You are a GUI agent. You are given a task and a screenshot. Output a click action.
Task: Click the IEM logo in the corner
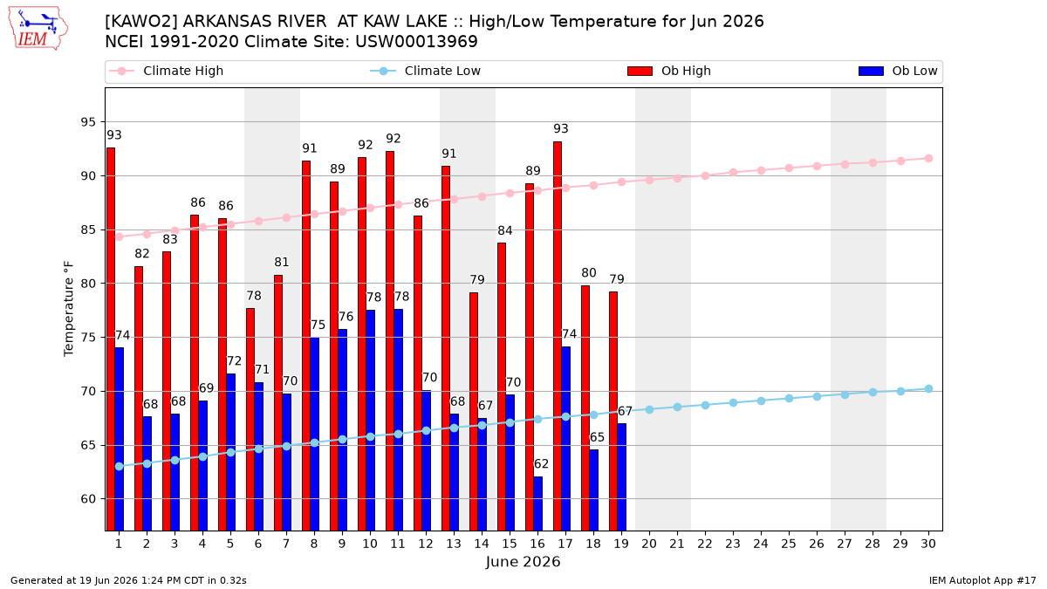38,29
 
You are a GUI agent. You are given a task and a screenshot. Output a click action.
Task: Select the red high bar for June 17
558,336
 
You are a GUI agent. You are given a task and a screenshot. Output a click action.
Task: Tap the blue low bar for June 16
538,503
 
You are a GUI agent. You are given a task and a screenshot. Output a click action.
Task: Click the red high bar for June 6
250,420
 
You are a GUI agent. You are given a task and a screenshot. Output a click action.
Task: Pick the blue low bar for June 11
398,420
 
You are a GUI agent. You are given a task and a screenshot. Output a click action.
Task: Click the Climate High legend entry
166,71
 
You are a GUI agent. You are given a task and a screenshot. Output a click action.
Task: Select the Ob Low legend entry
898,71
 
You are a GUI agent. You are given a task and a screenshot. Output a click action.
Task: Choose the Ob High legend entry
669,71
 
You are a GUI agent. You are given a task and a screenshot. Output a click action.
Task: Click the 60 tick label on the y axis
88,499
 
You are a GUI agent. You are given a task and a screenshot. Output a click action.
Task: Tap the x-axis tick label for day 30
928,544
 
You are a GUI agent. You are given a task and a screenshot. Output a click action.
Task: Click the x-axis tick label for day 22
705,544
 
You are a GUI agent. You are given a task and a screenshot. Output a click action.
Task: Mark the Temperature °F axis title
69,309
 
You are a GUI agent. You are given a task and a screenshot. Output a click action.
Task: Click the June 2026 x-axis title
523,561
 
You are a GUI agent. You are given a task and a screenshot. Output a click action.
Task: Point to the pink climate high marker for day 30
928,159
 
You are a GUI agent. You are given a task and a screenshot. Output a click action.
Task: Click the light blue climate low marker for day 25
789,398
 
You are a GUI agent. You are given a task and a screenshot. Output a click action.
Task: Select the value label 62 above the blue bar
541,463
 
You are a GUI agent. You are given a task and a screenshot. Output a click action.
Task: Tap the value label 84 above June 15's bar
505,230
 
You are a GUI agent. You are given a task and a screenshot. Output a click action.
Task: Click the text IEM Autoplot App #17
982,580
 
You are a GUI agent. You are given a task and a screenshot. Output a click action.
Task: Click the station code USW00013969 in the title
416,42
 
